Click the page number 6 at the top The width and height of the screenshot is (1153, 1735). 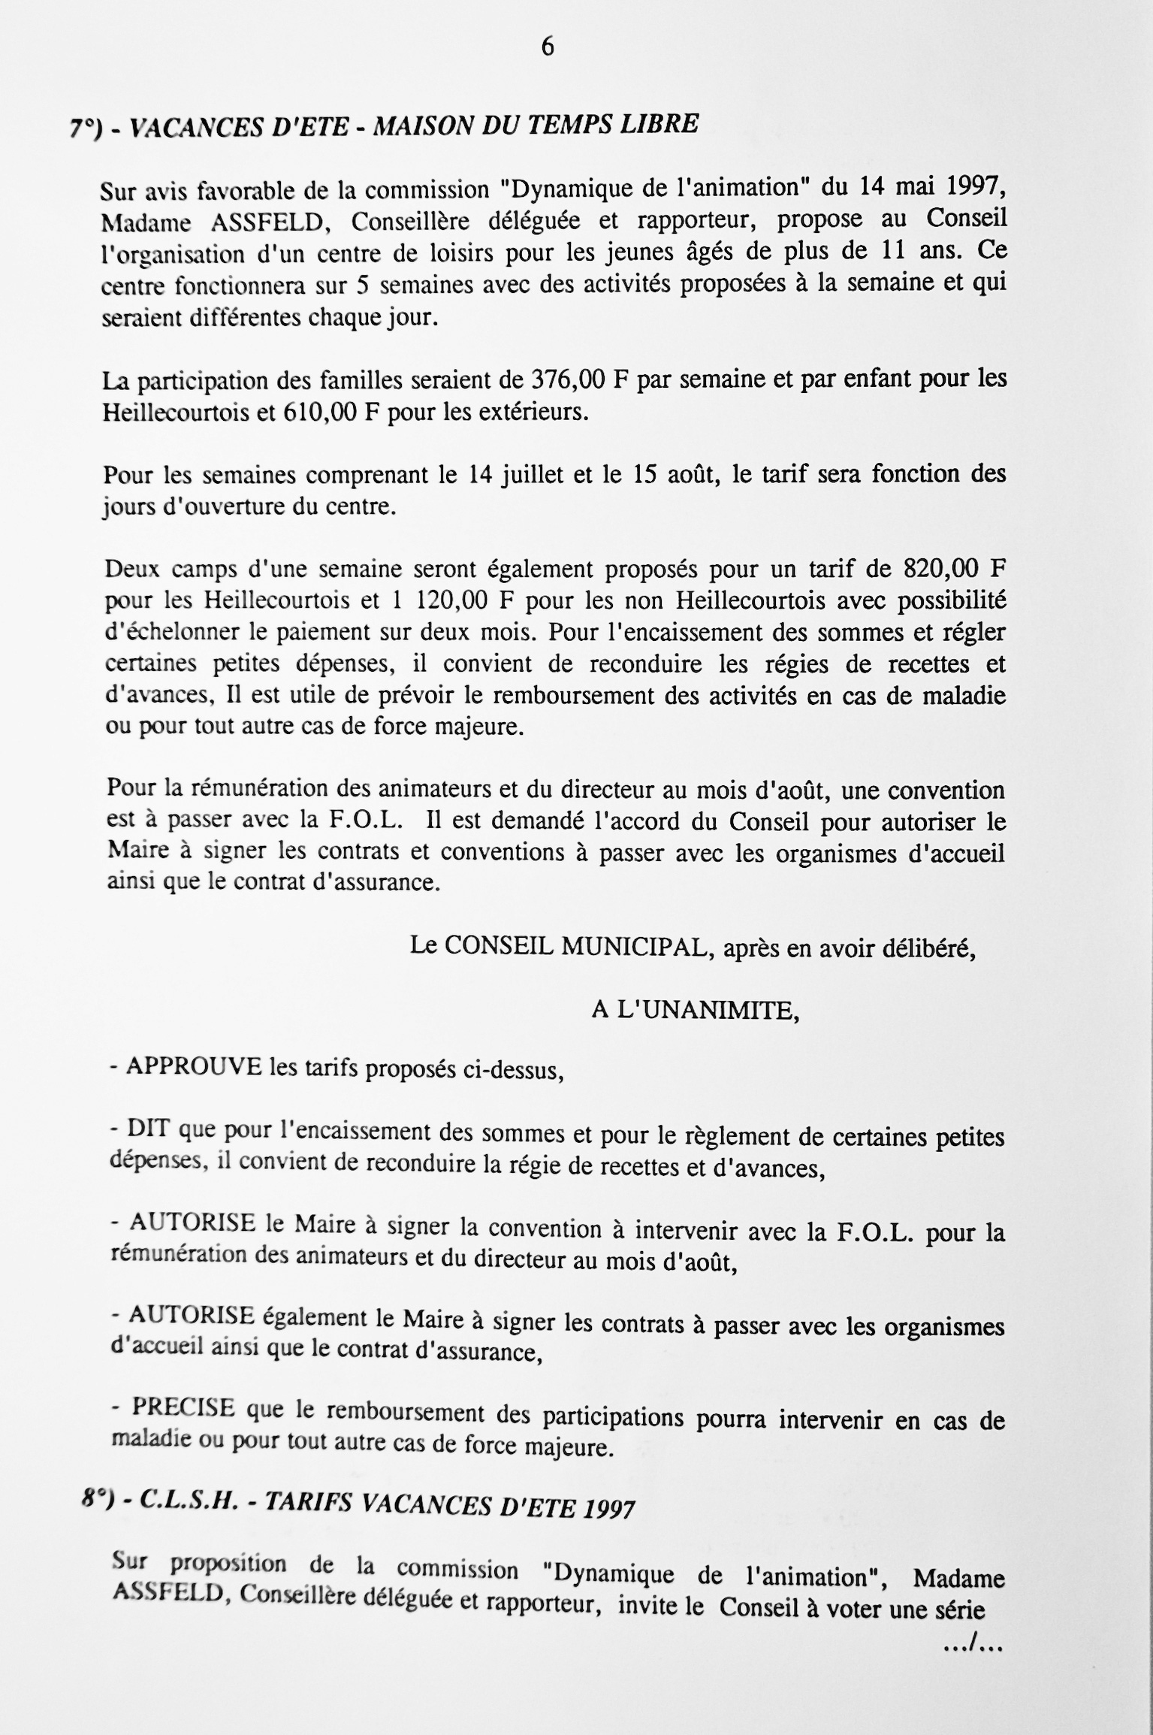click(548, 47)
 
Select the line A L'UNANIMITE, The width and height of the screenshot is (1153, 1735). click(695, 1010)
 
